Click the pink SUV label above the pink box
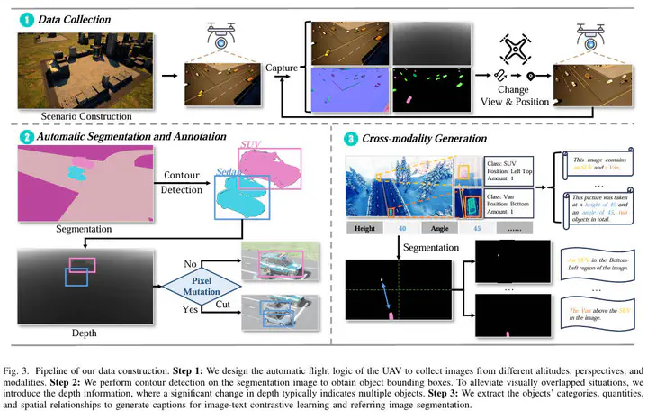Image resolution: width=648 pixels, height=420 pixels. coord(253,143)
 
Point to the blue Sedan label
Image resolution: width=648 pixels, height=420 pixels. coord(230,170)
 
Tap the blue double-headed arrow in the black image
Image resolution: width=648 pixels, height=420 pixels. coord(383,295)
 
